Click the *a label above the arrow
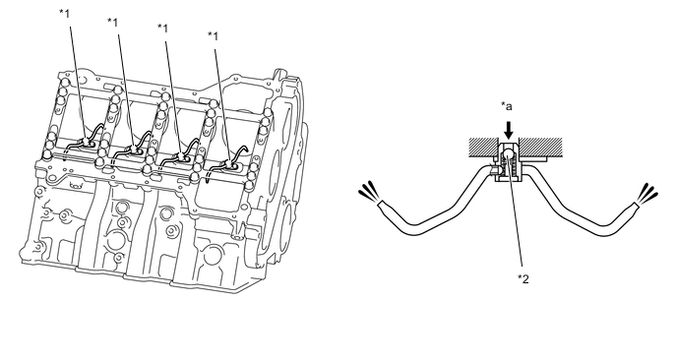point(506,106)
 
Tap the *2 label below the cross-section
point(523,279)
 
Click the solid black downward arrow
point(509,129)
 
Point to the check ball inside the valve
point(509,154)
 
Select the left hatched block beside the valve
point(484,147)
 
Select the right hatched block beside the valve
point(540,147)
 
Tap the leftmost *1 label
point(64,13)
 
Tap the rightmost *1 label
point(213,35)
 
